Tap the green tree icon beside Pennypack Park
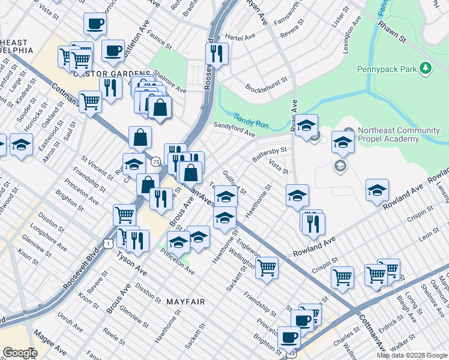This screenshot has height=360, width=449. coord(426,68)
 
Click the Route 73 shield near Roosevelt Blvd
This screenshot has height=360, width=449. coord(155,161)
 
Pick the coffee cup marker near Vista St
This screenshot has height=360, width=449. coord(95,24)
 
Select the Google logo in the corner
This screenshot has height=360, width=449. coord(20,353)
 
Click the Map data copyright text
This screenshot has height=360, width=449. coord(411,355)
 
